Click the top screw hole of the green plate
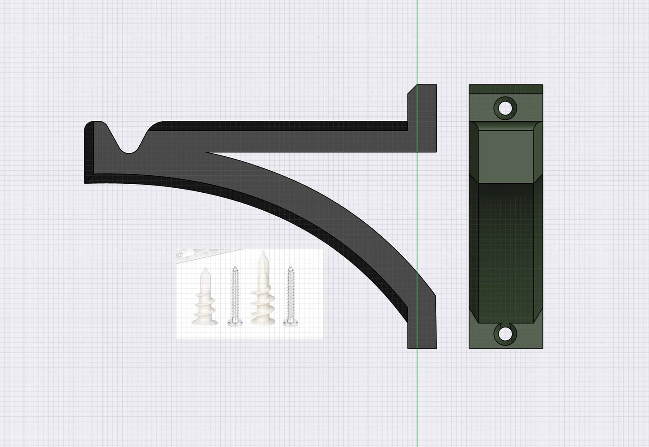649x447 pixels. point(505,108)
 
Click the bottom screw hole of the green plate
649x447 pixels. point(505,333)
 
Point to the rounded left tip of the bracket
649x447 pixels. point(92,128)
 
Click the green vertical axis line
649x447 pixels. point(417,45)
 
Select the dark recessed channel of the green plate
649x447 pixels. point(506,252)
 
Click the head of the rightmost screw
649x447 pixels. point(288,322)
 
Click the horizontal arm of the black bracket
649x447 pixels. point(292,139)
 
